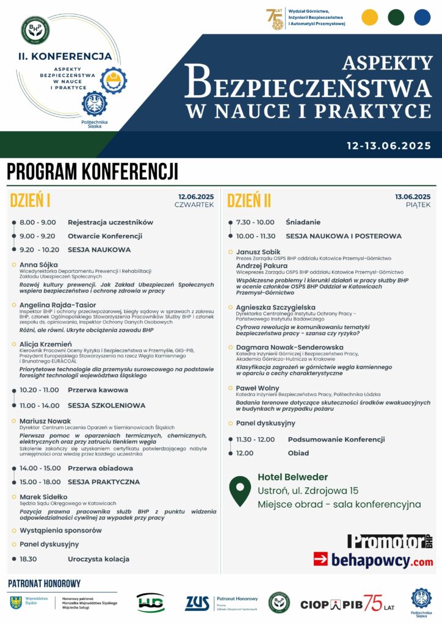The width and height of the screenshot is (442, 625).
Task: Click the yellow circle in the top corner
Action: click(x=370, y=17)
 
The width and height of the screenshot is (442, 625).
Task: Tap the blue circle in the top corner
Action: click(x=422, y=17)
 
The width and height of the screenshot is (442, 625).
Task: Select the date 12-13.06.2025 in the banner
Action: click(x=388, y=146)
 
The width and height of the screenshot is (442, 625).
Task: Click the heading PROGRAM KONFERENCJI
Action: click(x=92, y=172)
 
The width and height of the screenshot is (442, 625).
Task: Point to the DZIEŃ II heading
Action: click(x=249, y=200)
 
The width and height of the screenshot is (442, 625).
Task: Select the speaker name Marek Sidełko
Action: click(x=43, y=497)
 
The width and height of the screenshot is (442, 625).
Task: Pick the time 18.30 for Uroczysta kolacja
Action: click(x=28, y=558)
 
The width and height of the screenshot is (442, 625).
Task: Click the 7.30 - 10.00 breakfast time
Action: click(x=255, y=222)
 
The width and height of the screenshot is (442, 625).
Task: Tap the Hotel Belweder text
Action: click(x=292, y=477)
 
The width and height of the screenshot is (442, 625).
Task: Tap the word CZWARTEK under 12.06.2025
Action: click(x=194, y=205)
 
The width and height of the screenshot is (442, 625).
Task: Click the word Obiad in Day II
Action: click(x=298, y=453)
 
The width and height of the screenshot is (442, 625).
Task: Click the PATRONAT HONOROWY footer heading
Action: click(x=44, y=583)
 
